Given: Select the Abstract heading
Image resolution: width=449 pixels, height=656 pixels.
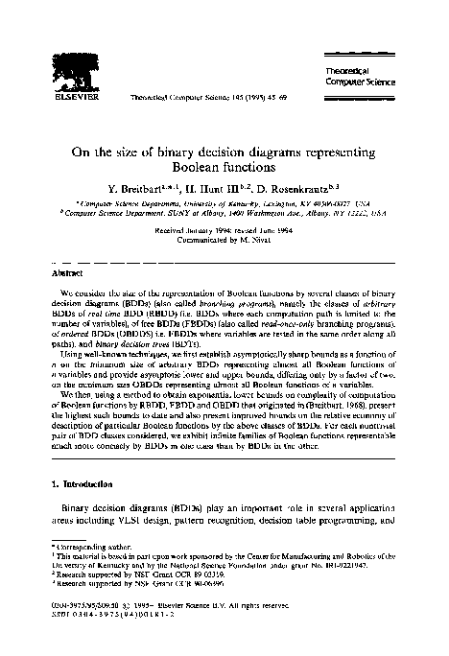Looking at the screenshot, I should [x=63, y=272].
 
